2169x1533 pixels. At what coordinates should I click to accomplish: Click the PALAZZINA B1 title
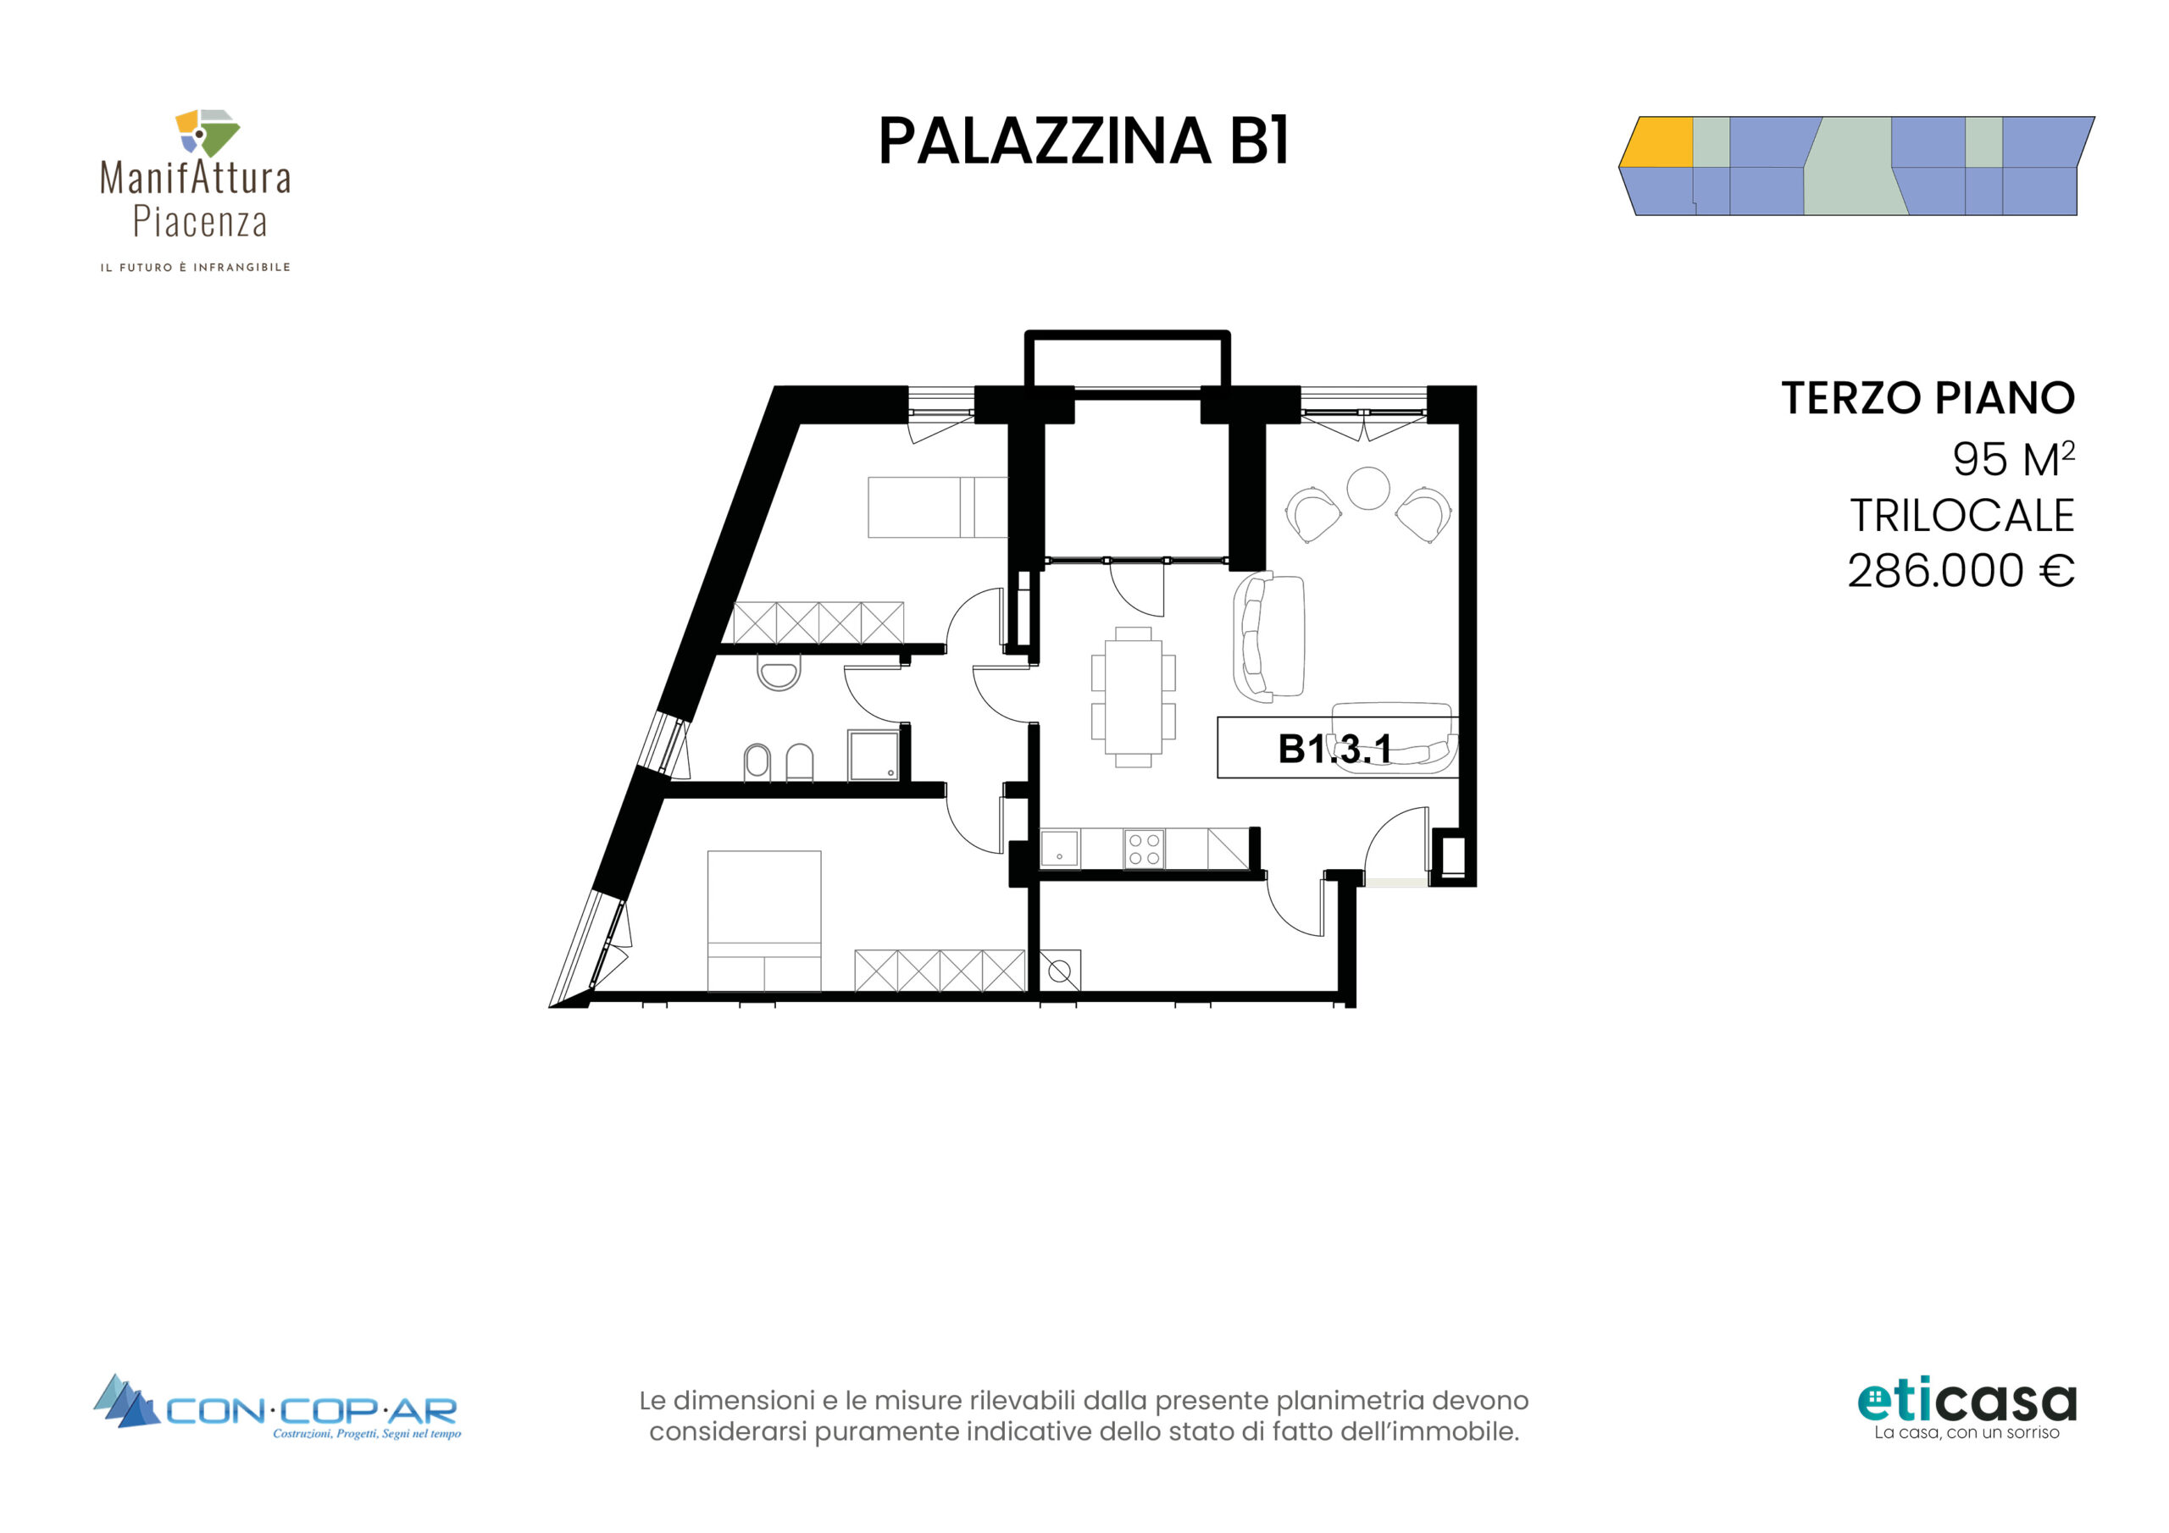tap(1084, 141)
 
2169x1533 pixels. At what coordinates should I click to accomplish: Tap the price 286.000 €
tap(1961, 571)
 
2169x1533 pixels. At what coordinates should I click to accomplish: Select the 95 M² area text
tap(2013, 459)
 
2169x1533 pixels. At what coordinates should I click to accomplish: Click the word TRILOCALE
tap(1961, 516)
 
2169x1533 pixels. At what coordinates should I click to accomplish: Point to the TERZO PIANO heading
tap(1928, 398)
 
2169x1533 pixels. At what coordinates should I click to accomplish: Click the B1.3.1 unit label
tap(1334, 749)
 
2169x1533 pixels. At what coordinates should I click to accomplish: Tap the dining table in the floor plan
tap(1134, 697)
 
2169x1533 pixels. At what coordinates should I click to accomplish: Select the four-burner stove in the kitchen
tap(1144, 848)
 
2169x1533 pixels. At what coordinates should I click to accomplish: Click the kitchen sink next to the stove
tap(1060, 848)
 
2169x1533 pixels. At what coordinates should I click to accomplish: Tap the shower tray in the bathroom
tap(874, 755)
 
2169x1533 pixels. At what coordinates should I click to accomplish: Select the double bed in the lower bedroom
tap(764, 921)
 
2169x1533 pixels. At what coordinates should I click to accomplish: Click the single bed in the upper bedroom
tap(937, 507)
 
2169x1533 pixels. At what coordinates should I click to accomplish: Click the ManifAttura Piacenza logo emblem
tap(207, 133)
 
